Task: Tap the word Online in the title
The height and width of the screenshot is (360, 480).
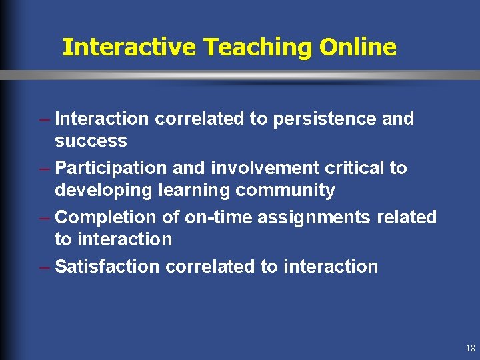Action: (x=358, y=47)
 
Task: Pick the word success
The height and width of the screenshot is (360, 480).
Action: (x=91, y=141)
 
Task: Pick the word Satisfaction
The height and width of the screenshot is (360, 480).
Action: (x=107, y=267)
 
